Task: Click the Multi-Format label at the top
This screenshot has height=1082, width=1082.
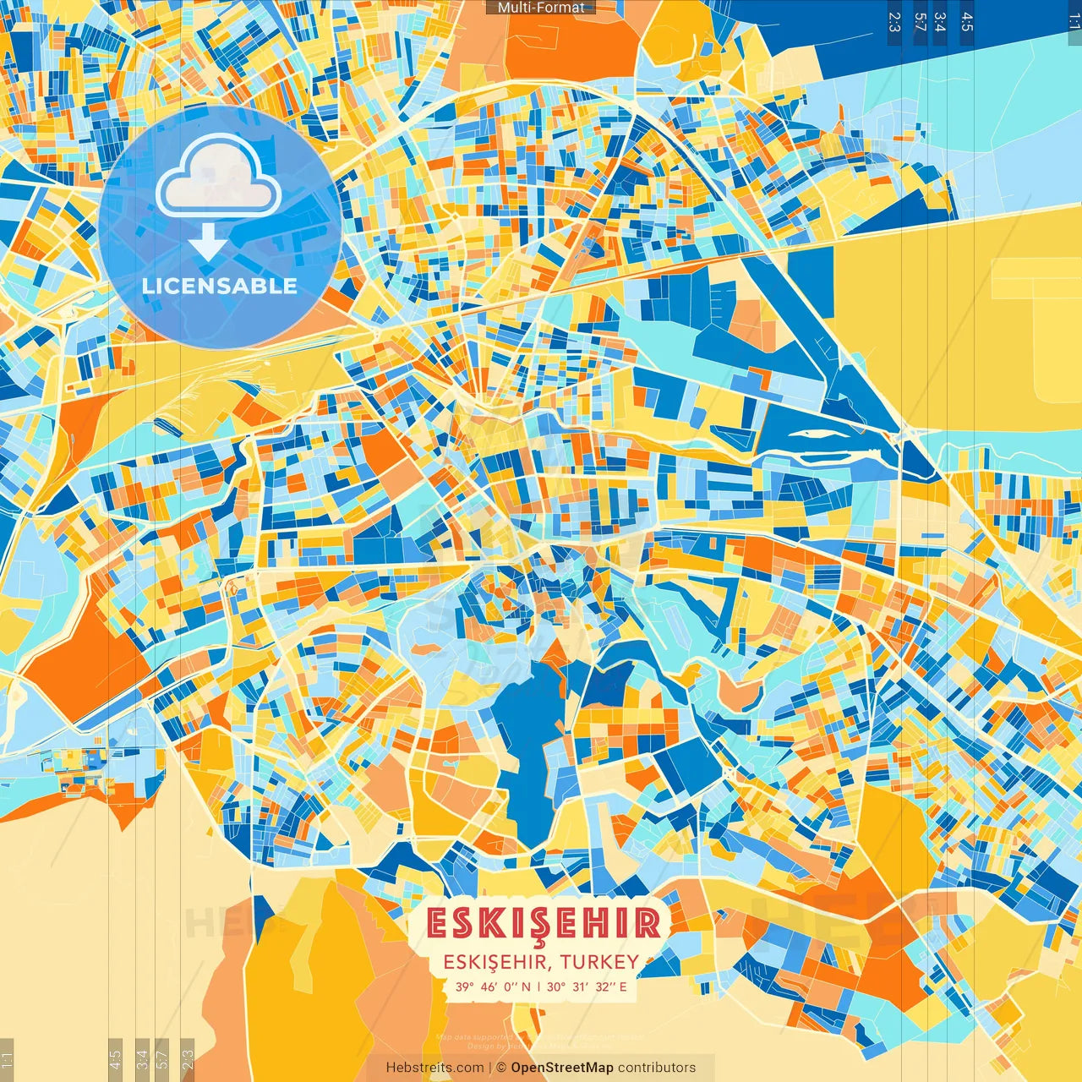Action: tap(541, 8)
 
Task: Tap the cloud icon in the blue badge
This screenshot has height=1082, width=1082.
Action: tap(218, 178)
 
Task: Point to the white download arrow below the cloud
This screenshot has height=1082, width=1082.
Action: tap(208, 243)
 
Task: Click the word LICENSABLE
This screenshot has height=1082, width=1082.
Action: tap(220, 286)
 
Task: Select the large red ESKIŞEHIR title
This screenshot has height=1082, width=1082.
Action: tap(543, 923)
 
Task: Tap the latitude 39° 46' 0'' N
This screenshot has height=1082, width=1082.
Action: tap(493, 986)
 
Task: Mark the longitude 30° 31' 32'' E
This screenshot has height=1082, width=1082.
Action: tap(587, 986)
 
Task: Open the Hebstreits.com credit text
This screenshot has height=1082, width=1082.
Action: tap(435, 1068)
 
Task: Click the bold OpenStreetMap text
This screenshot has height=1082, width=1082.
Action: tap(562, 1068)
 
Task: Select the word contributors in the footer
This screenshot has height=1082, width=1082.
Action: tap(657, 1068)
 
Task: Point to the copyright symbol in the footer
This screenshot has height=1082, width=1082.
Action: tap(500, 1068)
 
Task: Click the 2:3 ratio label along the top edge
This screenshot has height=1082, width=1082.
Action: tap(894, 22)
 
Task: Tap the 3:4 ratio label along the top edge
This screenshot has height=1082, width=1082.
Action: tap(940, 22)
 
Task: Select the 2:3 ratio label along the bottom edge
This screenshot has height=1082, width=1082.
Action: tap(188, 1058)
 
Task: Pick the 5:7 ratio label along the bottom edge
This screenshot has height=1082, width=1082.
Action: tap(162, 1058)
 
